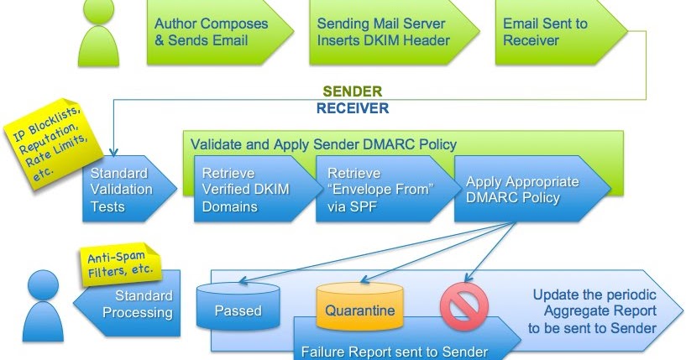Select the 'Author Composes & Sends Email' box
(x=213, y=33)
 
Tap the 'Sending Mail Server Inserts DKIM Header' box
(x=381, y=33)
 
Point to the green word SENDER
(x=353, y=91)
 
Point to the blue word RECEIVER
(x=353, y=107)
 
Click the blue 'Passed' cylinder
(x=237, y=310)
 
